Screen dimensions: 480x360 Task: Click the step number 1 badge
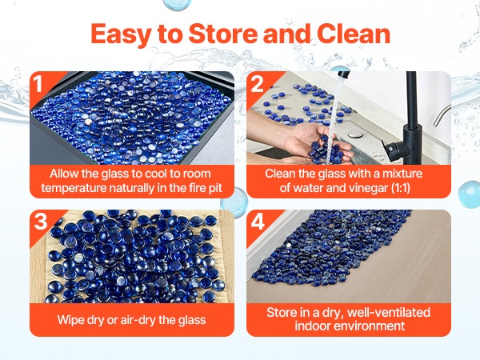[38, 83]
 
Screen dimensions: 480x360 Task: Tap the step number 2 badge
[257, 83]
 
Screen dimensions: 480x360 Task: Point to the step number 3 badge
[41, 222]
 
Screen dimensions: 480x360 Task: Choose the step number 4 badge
[258, 222]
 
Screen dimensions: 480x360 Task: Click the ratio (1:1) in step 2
[401, 188]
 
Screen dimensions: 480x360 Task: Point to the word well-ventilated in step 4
[389, 313]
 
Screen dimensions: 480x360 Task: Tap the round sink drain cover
[355, 134]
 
